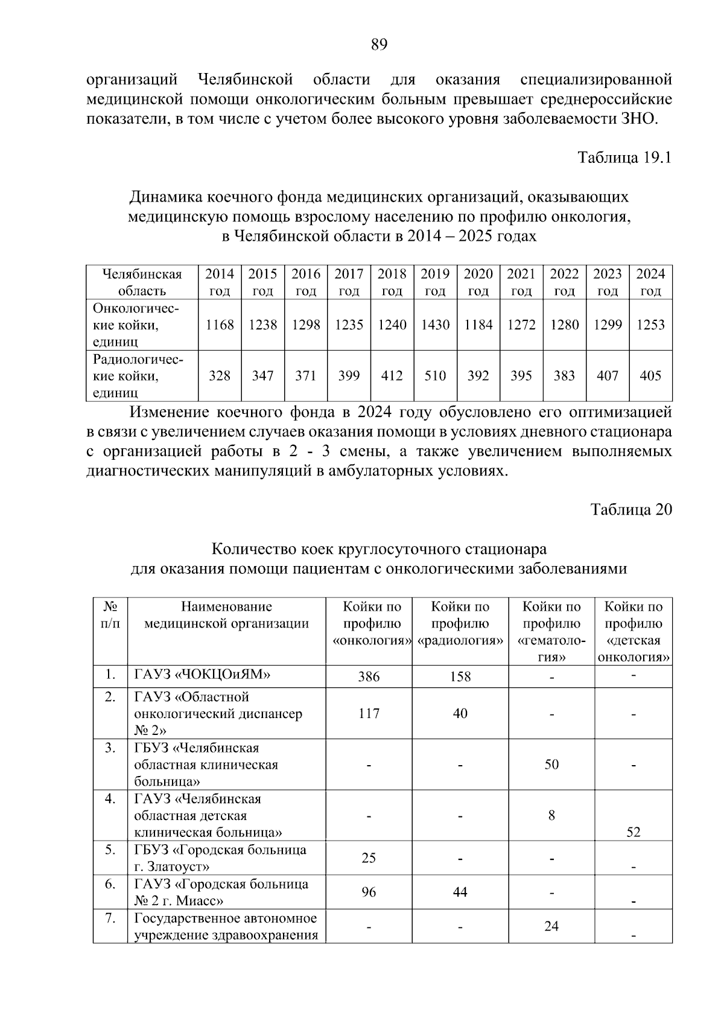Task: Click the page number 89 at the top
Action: point(379,44)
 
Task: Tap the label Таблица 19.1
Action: point(624,158)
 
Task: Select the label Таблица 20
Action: point(631,510)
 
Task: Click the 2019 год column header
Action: point(435,282)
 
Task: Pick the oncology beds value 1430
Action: point(435,325)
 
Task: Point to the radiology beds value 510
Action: point(435,376)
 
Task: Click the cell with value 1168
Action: point(220,325)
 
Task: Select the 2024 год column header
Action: point(650,282)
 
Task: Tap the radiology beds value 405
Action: point(650,376)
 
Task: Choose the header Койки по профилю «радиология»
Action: point(460,624)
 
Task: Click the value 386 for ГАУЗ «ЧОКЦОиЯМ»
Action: point(369,677)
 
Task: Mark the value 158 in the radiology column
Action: point(460,677)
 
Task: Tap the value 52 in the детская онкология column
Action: point(633,832)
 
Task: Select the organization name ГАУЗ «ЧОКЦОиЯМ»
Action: point(202,675)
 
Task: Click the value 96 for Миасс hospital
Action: point(369,892)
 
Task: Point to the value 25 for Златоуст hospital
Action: point(369,857)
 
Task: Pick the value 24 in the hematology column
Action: point(551,926)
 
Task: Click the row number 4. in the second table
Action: point(110,799)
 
